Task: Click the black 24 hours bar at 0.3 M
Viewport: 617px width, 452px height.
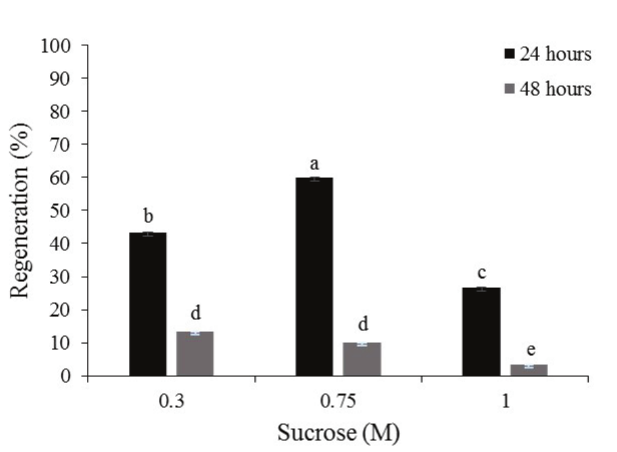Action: tap(147, 304)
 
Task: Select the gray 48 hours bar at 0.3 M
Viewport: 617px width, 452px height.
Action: tap(195, 354)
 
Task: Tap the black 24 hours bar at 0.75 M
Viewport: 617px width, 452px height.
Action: tap(314, 277)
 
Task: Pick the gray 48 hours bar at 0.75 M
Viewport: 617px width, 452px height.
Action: tap(361, 359)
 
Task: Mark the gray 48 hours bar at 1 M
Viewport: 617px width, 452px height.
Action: tap(528, 371)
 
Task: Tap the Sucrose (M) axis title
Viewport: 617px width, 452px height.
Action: tap(337, 433)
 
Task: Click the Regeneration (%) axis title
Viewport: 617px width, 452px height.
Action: tap(24, 210)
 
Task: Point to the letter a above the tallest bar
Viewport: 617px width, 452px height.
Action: tap(314, 164)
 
